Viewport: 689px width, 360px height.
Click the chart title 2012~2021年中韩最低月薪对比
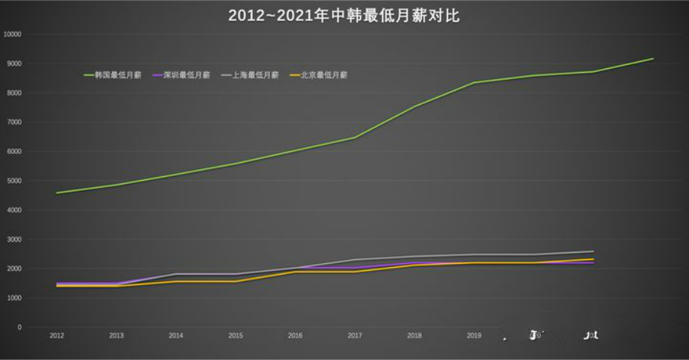point(344,16)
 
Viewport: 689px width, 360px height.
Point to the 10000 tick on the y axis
point(13,34)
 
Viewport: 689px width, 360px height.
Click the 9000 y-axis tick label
point(14,64)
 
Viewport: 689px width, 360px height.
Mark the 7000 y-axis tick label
point(14,122)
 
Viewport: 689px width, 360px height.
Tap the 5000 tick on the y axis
point(14,181)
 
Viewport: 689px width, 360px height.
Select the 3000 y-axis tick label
point(14,239)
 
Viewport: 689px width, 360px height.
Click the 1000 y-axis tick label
point(14,298)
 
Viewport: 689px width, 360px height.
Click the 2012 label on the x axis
point(57,335)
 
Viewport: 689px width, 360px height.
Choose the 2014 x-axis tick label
point(175,335)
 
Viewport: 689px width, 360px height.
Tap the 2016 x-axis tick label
point(295,335)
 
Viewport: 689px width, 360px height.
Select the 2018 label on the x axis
point(414,335)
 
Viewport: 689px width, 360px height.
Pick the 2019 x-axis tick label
point(473,335)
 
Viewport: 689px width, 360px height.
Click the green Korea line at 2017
point(355,137)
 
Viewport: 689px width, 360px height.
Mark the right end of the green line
point(653,58)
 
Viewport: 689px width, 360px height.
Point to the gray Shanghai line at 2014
point(175,274)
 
